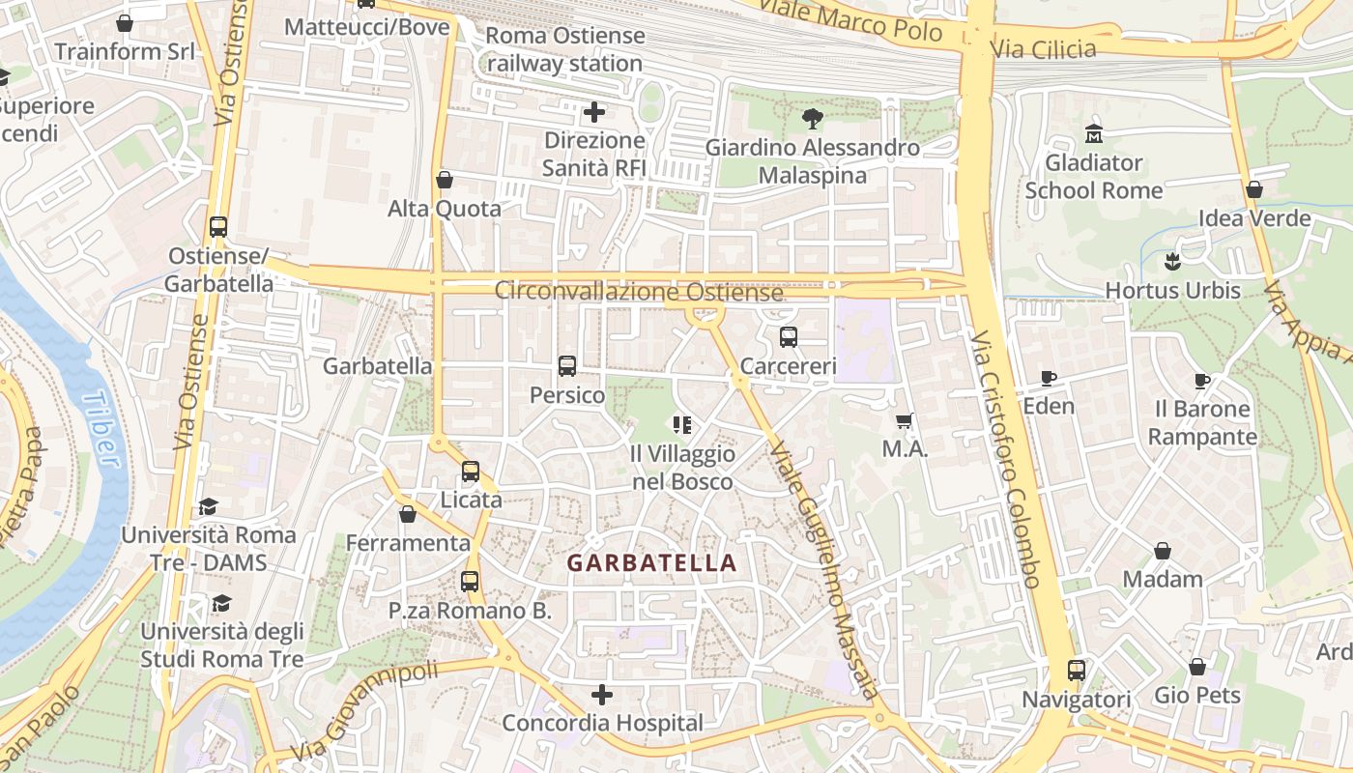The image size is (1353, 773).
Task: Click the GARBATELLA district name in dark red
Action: pyautogui.click(x=651, y=563)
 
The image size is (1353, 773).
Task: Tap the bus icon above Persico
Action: pyautogui.click(x=567, y=366)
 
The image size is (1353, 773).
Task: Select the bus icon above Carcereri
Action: pyautogui.click(x=789, y=337)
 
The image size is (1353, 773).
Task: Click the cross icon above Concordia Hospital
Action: pyautogui.click(x=602, y=695)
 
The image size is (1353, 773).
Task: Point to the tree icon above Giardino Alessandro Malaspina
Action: pyautogui.click(x=812, y=119)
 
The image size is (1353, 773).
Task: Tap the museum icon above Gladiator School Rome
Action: pyautogui.click(x=1094, y=132)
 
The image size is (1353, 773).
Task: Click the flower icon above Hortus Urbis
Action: pyautogui.click(x=1172, y=261)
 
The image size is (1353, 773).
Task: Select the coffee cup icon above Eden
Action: pyautogui.click(x=1049, y=378)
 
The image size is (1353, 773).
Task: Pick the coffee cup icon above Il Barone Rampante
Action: pyautogui.click(x=1201, y=381)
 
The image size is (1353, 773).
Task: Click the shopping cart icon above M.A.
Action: pyautogui.click(x=905, y=420)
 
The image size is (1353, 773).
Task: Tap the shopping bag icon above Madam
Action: pyautogui.click(x=1163, y=551)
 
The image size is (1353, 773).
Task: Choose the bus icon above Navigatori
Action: pyautogui.click(x=1076, y=670)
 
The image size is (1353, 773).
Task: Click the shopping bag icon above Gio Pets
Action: pyautogui.click(x=1197, y=667)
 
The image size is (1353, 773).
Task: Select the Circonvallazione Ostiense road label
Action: pyautogui.click(x=639, y=291)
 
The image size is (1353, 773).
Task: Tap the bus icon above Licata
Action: pyautogui.click(x=471, y=471)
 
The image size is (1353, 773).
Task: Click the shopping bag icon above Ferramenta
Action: pyautogui.click(x=408, y=514)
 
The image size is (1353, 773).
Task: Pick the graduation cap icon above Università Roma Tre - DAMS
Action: pyautogui.click(x=208, y=506)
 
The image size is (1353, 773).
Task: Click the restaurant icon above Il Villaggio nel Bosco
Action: pyautogui.click(x=682, y=425)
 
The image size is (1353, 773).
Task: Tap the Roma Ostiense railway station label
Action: pyautogui.click(x=564, y=49)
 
